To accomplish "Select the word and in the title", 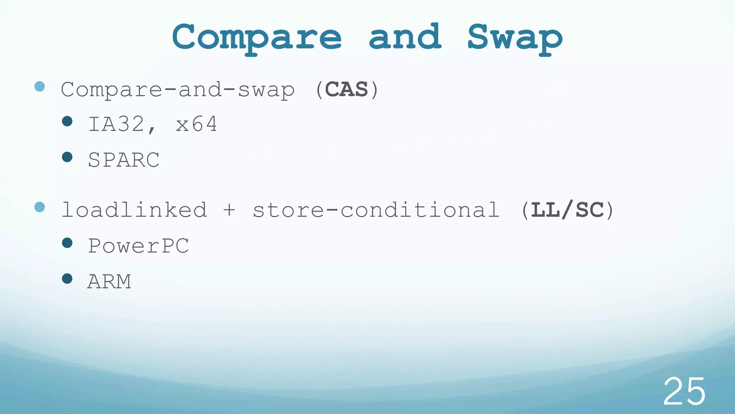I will pyautogui.click(x=405, y=37).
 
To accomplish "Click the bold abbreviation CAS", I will pyautogui.click(x=346, y=89).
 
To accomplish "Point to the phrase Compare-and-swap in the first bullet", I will pyautogui.click(x=178, y=90).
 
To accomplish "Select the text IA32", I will pyautogui.click(x=117, y=124).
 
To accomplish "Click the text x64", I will pyautogui.click(x=196, y=124).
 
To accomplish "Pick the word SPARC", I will pyautogui.click(x=124, y=160).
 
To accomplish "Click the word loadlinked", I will pyautogui.click(x=134, y=210).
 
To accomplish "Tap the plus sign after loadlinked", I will pyautogui.click(x=229, y=210).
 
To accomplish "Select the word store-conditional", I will pyautogui.click(x=376, y=210).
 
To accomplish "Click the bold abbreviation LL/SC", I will pyautogui.click(x=567, y=210).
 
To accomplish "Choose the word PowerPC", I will pyautogui.click(x=139, y=246).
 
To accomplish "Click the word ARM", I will pyautogui.click(x=109, y=281).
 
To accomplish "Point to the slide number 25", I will pyautogui.click(x=684, y=392).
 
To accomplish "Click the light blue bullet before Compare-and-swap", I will pyautogui.click(x=39, y=86).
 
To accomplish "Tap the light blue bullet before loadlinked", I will pyautogui.click(x=39, y=207).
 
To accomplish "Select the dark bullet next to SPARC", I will pyautogui.click(x=67, y=157).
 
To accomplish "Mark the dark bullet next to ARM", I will pyautogui.click(x=67, y=279).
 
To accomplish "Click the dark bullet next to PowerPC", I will pyautogui.click(x=67, y=243).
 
